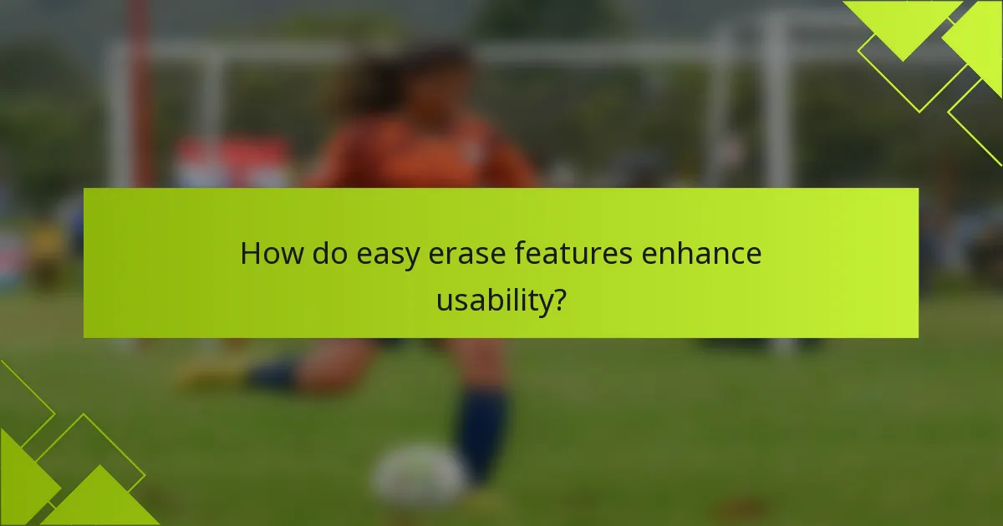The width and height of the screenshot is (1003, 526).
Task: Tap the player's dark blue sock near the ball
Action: (482, 434)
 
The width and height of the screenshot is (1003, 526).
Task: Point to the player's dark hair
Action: (401, 75)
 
